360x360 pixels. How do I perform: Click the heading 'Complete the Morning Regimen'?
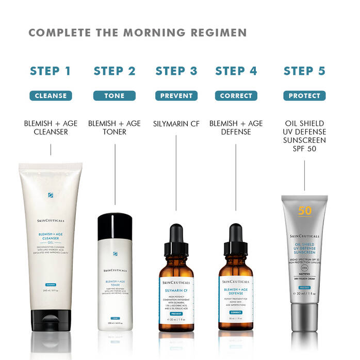tap(138, 33)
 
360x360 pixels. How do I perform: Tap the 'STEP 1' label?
tap(51, 71)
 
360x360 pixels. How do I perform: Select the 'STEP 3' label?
tap(176, 71)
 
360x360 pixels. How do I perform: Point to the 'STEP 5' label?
tap(304, 71)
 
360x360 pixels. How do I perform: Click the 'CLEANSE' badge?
tap(51, 95)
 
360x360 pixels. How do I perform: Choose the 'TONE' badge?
tap(114, 95)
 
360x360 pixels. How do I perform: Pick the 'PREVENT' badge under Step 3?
tap(176, 95)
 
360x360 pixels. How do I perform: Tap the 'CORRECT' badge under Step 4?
tap(236, 95)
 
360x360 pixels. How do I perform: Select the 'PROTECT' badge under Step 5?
tap(304, 95)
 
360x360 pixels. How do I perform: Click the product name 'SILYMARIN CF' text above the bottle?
tap(176, 124)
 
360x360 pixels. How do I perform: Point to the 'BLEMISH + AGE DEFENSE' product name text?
tap(236, 127)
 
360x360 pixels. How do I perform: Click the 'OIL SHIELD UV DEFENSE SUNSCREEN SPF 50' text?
tap(304, 136)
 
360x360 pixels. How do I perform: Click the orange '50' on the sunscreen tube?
tap(304, 211)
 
